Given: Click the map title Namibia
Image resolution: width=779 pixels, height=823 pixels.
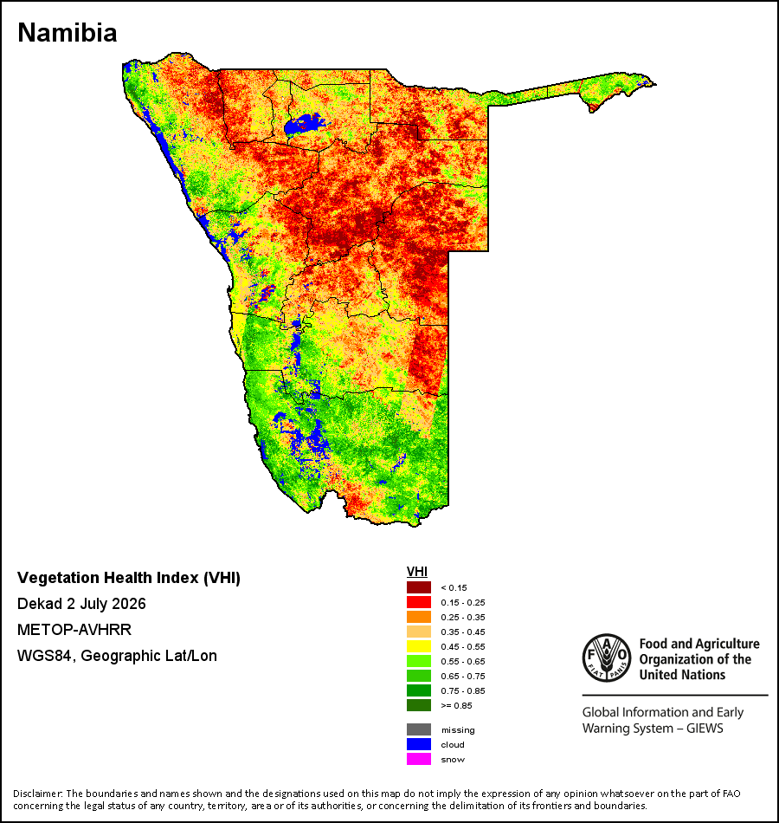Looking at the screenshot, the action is click(x=68, y=33).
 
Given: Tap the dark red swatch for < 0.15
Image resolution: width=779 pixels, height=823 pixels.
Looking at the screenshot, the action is click(x=419, y=587).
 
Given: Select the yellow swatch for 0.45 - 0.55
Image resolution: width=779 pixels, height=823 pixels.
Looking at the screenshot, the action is click(x=419, y=646).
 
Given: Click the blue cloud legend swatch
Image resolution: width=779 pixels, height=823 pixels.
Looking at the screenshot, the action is click(x=419, y=744).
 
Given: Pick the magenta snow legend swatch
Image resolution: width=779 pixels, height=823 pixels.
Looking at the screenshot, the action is click(x=419, y=759).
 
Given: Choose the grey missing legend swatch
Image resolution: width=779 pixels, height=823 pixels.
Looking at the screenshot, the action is click(x=419, y=729).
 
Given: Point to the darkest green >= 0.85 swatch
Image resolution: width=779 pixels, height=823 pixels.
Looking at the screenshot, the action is click(x=419, y=705).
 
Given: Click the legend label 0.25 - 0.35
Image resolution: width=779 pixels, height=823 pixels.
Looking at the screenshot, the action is click(x=463, y=617).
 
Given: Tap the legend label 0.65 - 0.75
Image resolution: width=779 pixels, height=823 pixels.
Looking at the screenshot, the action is click(x=463, y=676).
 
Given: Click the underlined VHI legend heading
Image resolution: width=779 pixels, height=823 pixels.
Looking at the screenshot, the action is click(x=417, y=572).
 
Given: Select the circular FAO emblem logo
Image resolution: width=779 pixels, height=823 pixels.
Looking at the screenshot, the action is click(x=607, y=658).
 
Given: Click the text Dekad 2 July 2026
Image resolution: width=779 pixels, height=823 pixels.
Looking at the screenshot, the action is click(x=81, y=604).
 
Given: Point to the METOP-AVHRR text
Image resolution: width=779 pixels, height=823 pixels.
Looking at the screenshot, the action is click(x=74, y=629).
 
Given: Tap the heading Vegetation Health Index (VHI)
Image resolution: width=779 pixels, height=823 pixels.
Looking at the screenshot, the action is click(x=128, y=578).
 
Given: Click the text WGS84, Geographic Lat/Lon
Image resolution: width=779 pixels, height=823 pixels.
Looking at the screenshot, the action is click(x=117, y=656).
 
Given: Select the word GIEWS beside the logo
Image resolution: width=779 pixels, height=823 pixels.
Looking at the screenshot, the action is click(x=705, y=729).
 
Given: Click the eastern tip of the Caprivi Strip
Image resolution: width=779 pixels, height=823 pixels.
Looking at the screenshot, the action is click(x=656, y=84).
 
